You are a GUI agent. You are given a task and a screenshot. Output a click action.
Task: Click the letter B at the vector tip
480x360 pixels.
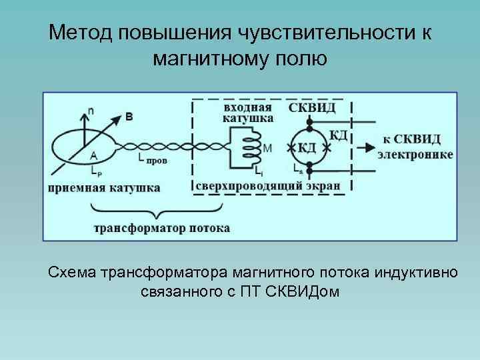click(129, 117)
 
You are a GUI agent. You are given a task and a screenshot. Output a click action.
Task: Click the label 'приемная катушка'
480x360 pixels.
click(104, 187)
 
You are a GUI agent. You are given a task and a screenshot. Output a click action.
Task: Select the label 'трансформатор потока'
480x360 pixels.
click(162, 228)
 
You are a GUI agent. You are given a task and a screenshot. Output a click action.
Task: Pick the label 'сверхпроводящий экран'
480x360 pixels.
click(269, 185)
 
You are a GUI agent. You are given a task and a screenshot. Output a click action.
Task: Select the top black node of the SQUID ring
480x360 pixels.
click(309, 123)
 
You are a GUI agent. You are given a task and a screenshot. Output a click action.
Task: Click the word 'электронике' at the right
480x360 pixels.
click(415, 155)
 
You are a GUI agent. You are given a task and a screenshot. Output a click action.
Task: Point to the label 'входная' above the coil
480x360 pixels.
click(247, 108)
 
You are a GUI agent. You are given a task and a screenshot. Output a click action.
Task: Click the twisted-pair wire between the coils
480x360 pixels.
click(171, 147)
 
